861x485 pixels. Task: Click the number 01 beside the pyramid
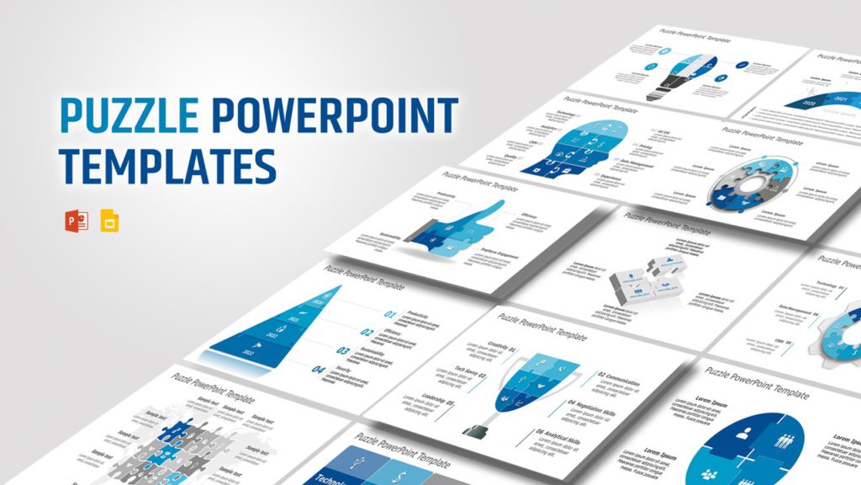[x=390, y=316]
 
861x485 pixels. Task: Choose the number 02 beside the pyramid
[x=367, y=333]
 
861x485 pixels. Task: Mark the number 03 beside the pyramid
[x=343, y=351]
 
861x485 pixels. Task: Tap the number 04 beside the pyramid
[x=318, y=370]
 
